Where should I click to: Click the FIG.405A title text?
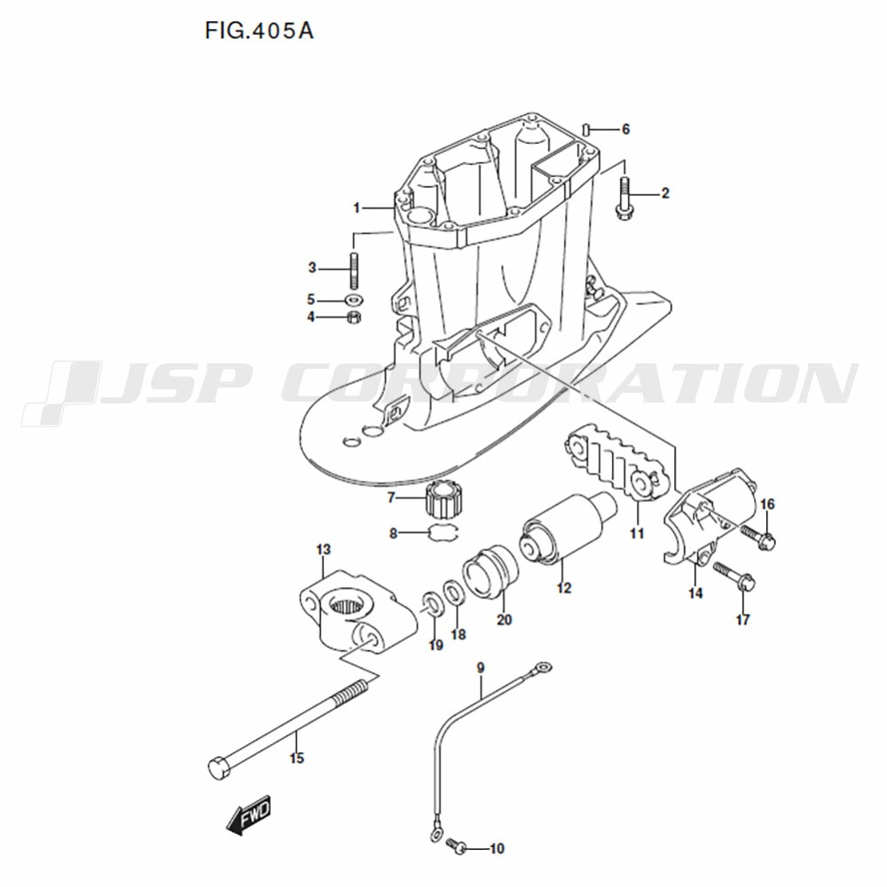coord(259,31)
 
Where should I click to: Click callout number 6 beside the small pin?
coord(625,130)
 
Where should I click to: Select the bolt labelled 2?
coord(624,198)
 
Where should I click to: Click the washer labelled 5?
coord(354,299)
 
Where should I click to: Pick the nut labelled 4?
coord(354,317)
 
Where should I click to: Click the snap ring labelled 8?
coord(445,531)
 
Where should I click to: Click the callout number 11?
coord(637,533)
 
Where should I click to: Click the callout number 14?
coord(695,593)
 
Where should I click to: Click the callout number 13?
coord(324,549)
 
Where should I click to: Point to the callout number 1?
coord(357,208)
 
